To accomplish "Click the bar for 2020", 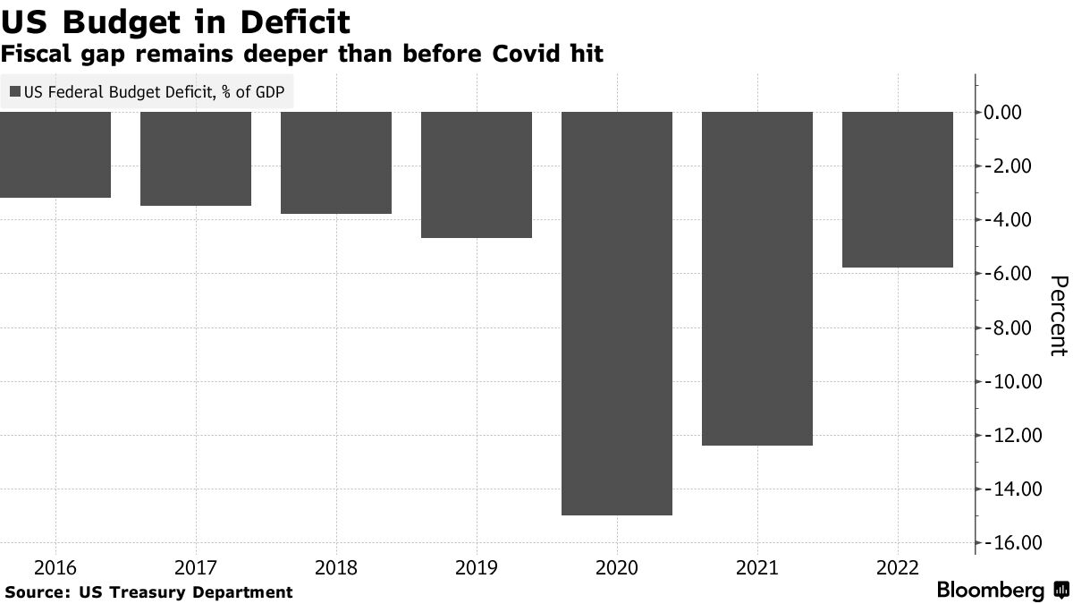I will [x=617, y=313].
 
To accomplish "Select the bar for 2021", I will [x=757, y=278].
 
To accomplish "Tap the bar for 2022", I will [x=898, y=190].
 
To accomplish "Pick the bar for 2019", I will [x=477, y=174].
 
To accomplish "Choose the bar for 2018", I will [x=336, y=163].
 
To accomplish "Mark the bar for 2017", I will [x=196, y=158].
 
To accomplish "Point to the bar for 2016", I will [x=55, y=155].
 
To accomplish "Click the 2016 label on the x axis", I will [x=55, y=567].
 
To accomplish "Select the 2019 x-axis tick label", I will [x=477, y=567].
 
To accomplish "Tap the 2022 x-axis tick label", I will [x=898, y=567].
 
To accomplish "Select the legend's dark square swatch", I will [x=15, y=91].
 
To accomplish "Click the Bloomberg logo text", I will [x=990, y=591].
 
